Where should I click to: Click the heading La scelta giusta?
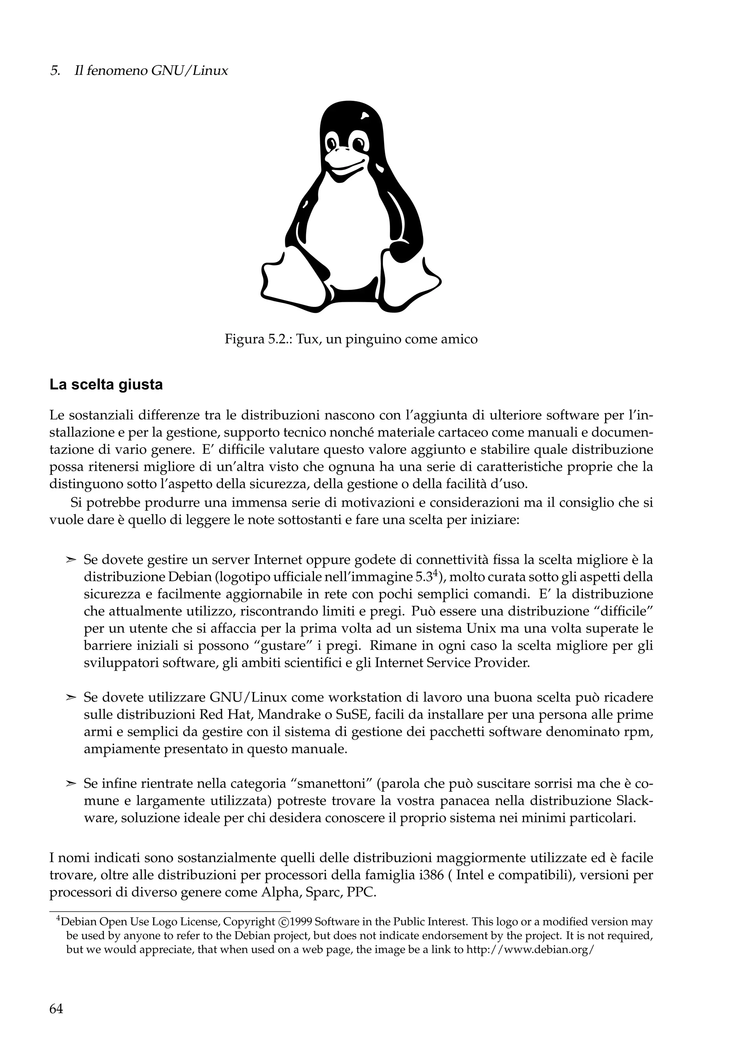pos(106,385)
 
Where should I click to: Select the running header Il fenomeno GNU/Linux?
pos(151,71)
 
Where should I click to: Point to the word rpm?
pos(642,732)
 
